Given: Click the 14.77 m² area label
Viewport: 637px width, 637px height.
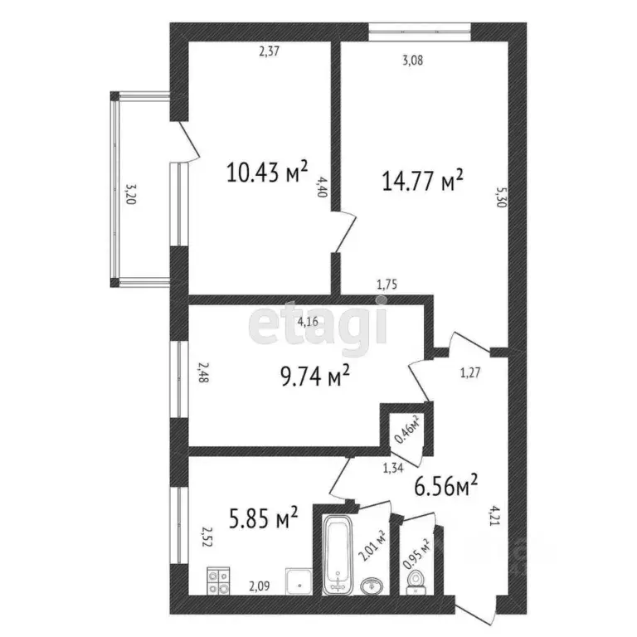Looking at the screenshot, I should point(421,182).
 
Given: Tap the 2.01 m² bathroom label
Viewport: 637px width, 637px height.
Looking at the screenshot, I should point(381,547).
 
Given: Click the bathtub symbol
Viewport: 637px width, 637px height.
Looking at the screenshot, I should point(338,554).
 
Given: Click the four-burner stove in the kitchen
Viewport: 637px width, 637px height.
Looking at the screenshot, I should point(219,580).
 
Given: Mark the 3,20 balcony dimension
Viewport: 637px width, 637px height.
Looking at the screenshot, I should point(127,194).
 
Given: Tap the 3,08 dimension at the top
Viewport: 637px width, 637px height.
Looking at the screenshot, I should point(411,60).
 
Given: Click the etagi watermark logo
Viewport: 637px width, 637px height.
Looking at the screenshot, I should point(318,325).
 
